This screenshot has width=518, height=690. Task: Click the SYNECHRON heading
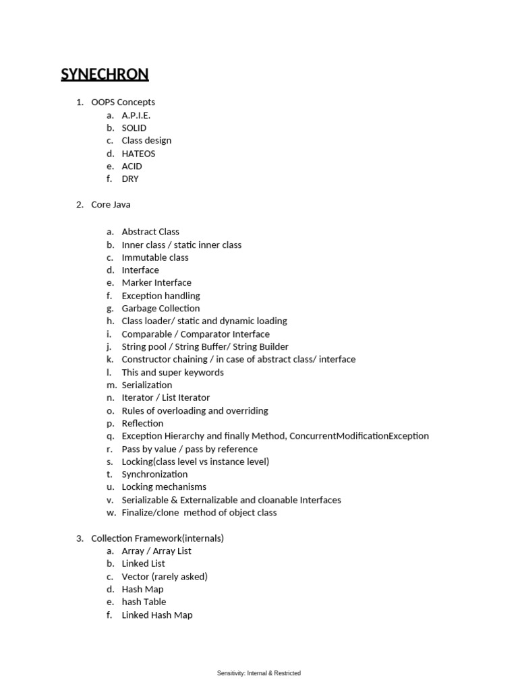point(105,74)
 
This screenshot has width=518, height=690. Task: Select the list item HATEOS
point(138,154)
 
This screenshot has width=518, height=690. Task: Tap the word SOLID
point(134,128)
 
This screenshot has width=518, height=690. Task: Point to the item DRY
point(130,179)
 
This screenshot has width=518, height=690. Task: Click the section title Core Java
point(111,205)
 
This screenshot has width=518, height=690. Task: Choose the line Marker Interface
point(156,283)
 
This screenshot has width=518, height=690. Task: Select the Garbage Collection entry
point(161,309)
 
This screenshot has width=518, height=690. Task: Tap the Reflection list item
point(142,424)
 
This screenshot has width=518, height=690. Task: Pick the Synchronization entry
point(154,474)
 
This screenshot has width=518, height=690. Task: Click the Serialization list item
point(146,385)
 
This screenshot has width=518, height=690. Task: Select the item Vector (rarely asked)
point(165,577)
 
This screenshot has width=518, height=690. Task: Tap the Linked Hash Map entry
point(157,615)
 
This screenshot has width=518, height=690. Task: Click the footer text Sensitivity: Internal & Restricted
point(259,673)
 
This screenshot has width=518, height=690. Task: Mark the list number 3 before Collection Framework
point(79,538)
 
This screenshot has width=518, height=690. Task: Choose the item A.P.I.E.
point(136,115)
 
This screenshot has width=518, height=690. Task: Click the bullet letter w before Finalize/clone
point(111,513)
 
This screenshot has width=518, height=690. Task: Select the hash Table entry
point(144,602)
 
